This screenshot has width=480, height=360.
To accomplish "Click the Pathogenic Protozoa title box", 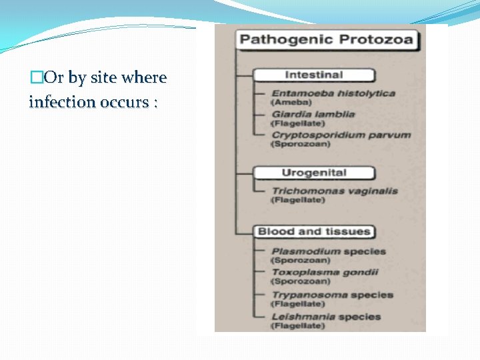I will [327, 39].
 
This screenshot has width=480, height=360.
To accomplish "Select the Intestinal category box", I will [313, 75].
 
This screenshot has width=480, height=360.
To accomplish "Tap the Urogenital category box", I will [313, 173].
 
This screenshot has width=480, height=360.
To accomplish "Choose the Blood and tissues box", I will [313, 232].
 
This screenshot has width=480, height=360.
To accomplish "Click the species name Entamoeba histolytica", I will [333, 93].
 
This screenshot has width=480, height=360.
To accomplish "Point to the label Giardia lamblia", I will [313, 114].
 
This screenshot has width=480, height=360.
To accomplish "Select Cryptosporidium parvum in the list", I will [340, 135].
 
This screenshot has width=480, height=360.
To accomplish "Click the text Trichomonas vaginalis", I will [334, 191].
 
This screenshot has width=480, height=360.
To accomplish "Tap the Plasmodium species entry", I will [328, 251].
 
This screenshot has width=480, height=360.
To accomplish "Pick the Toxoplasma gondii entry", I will [324, 272].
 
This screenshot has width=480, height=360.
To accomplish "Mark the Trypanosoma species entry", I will [332, 295].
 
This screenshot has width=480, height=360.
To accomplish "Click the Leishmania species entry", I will [325, 317].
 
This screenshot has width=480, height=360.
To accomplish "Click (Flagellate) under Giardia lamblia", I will [297, 124].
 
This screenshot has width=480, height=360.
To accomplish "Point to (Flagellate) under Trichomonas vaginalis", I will [297, 200].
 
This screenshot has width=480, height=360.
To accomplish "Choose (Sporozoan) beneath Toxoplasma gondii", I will [300, 281].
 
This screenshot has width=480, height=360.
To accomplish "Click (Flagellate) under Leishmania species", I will [297, 326].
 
